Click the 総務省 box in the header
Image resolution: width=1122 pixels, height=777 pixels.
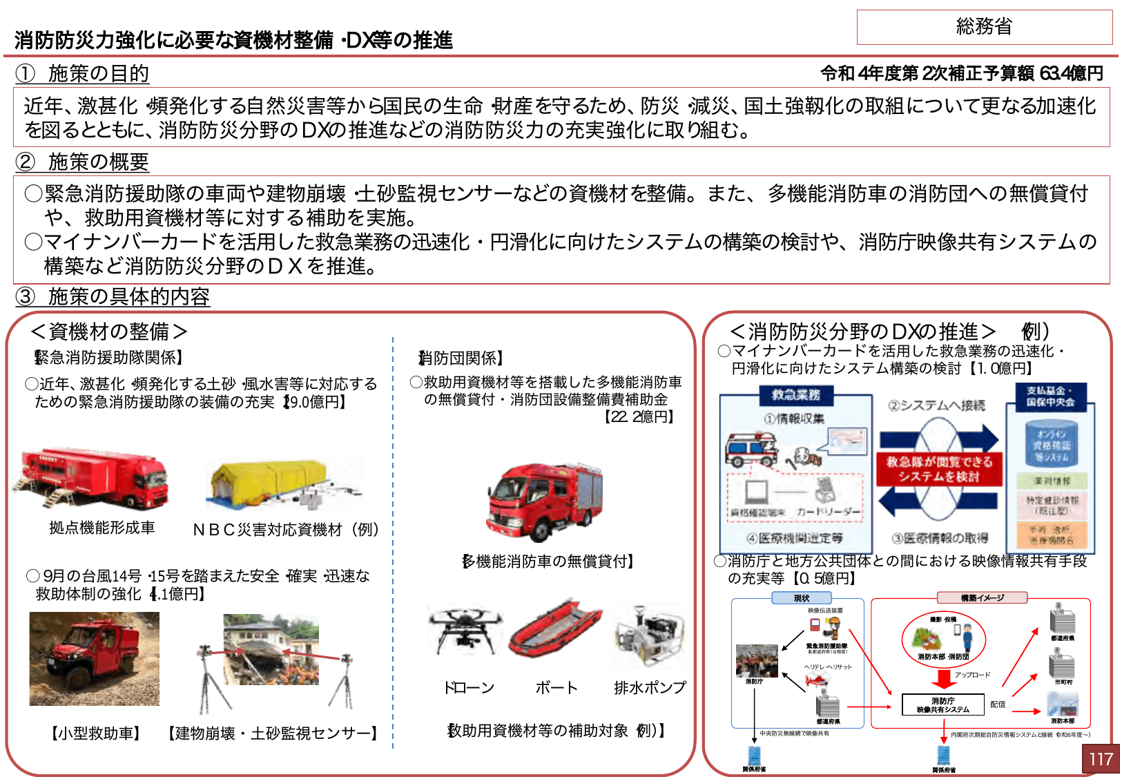coord(984,27)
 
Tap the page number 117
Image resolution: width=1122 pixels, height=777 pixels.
coord(1100,759)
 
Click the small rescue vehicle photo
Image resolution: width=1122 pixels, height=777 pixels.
coord(94,659)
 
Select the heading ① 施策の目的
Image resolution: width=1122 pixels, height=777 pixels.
coord(83,73)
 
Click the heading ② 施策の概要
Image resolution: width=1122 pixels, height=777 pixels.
coord(83,162)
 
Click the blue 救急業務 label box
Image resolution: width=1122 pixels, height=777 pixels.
coord(795,395)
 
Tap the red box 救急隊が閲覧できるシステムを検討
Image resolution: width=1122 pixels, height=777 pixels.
coord(939,469)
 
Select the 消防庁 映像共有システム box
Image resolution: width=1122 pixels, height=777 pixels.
coord(942,704)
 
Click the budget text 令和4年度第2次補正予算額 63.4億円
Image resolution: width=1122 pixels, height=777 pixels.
coord(961,73)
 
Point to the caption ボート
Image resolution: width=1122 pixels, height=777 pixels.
coord(556,688)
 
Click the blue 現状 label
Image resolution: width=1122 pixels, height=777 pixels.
coord(801,598)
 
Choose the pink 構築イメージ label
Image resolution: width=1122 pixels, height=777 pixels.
coord(982,598)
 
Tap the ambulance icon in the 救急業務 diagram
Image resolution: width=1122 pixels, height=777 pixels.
coord(751,449)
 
